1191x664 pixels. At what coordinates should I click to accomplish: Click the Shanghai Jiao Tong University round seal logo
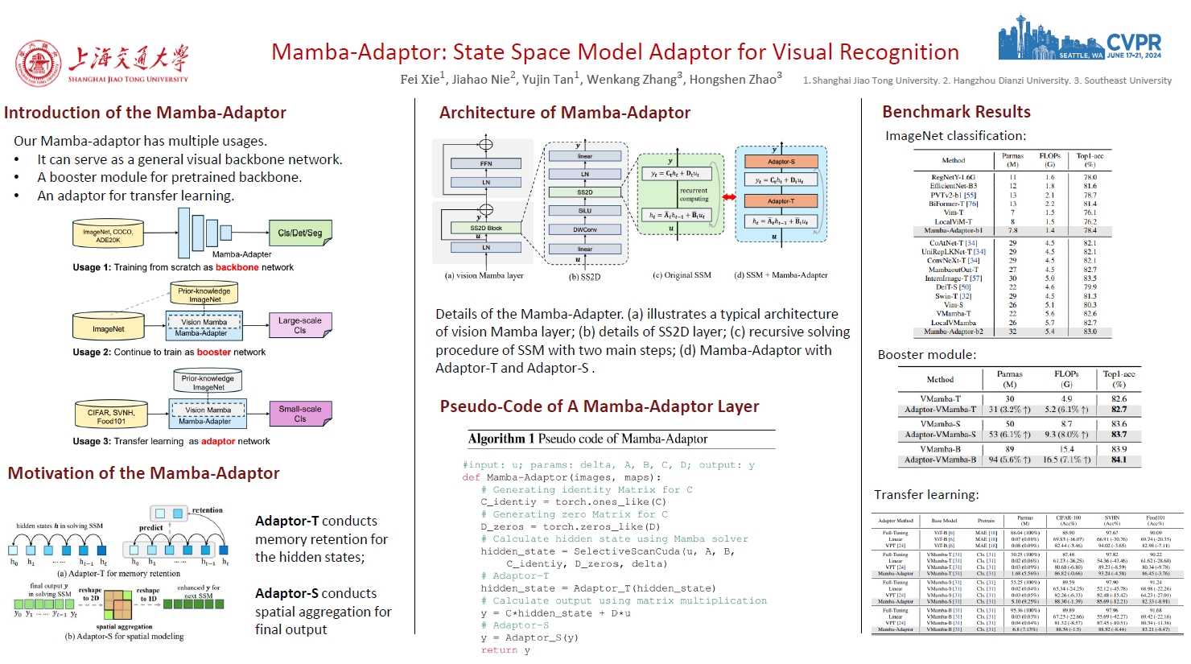tap(38, 64)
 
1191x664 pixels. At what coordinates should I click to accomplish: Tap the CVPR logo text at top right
tap(1133, 42)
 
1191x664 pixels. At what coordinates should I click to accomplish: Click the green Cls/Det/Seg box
tap(299, 233)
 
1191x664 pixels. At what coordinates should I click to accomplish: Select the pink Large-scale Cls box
tap(299, 325)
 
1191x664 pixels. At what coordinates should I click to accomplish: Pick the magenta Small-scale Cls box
tap(299, 414)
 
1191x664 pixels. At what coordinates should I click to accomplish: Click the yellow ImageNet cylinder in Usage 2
tap(108, 328)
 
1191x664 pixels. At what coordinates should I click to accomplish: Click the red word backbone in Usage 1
tap(237, 267)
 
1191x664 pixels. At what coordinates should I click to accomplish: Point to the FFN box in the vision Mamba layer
tap(486, 163)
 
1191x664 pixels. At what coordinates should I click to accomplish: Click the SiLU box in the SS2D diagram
tap(585, 211)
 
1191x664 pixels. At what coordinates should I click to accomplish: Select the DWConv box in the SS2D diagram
tap(585, 230)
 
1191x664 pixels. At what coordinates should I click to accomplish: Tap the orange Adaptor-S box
tap(781, 162)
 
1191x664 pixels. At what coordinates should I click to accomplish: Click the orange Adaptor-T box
tap(781, 201)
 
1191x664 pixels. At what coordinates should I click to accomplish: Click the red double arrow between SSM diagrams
tap(729, 197)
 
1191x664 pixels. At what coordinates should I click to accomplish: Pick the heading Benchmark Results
tap(956, 112)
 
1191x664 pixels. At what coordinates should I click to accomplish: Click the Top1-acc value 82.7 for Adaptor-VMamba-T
tap(1119, 410)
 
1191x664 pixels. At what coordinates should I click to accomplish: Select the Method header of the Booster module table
tap(940, 379)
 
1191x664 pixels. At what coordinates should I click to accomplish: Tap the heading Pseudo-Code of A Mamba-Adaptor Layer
tap(599, 406)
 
